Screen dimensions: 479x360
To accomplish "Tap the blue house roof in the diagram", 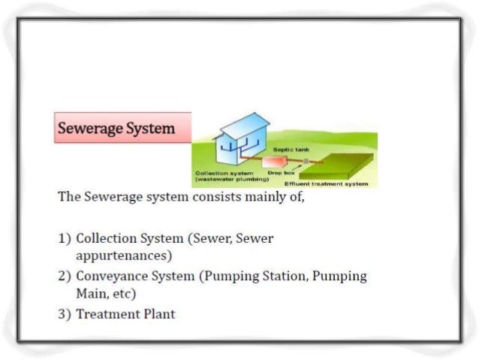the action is (239, 126).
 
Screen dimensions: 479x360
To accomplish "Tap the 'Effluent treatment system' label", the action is (326, 184).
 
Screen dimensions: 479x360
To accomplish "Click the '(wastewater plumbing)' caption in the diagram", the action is (232, 180).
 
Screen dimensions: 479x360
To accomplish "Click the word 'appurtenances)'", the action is (125, 256).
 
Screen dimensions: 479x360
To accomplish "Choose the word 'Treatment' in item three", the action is (109, 313).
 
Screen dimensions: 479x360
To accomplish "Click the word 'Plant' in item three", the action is (160, 313).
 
